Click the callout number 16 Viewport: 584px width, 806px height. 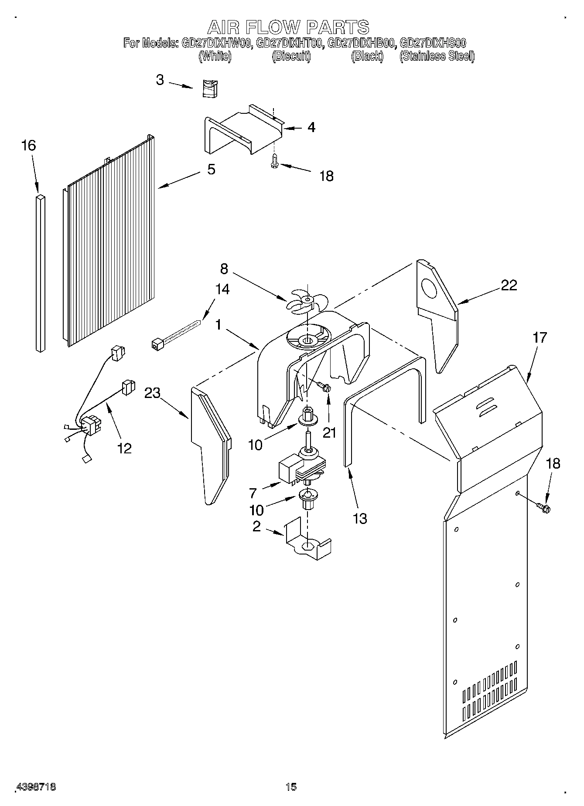[28, 146]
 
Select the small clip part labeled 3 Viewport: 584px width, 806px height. [210, 89]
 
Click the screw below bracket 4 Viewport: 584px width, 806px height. [274, 161]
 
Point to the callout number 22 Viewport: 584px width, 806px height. [509, 285]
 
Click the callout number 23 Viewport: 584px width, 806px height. [153, 393]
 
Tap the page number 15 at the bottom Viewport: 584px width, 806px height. [291, 787]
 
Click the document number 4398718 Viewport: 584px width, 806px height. [36, 787]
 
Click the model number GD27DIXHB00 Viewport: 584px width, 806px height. [361, 43]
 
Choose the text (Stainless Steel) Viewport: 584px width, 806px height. [437, 56]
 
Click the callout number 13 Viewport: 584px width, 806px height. [360, 518]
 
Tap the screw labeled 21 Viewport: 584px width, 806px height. [323, 386]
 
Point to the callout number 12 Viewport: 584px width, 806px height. [124, 448]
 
